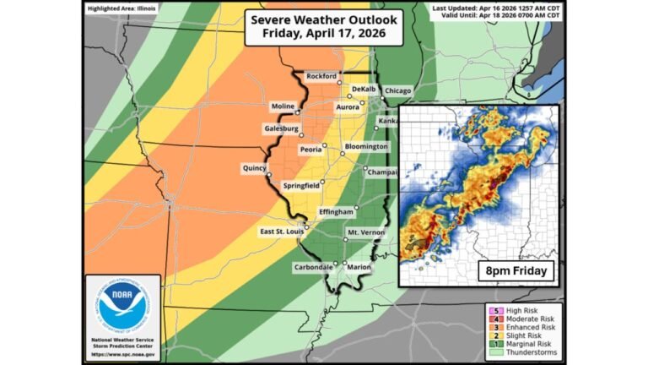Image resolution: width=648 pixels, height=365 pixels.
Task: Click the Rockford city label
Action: [321, 76]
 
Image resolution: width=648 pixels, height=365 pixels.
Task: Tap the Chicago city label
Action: [401, 90]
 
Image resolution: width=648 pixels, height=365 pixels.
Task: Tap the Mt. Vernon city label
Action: [365, 231]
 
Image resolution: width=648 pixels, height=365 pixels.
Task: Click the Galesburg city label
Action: [282, 128]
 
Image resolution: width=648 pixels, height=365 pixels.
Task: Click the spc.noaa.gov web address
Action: [122, 352]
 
